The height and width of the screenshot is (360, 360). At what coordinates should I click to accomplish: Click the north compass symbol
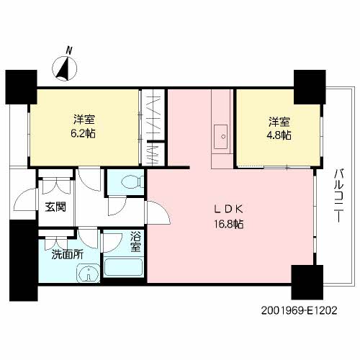click(x=65, y=68)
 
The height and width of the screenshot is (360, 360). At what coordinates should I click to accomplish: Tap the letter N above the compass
click(x=69, y=50)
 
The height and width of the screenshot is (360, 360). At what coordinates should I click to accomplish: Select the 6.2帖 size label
click(x=83, y=133)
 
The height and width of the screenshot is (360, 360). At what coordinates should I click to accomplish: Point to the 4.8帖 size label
click(x=279, y=135)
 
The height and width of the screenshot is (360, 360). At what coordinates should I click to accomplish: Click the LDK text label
click(x=229, y=210)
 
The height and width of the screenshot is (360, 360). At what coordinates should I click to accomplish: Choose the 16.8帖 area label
click(x=229, y=224)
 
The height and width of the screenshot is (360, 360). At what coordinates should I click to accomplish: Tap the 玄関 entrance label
click(x=55, y=207)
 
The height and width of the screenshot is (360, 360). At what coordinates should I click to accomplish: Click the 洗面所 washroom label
click(x=68, y=255)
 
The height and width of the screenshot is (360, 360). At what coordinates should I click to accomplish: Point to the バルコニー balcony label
click(x=338, y=196)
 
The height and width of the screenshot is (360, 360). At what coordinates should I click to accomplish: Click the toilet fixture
click(x=132, y=183)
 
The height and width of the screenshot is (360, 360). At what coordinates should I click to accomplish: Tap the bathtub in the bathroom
click(x=124, y=267)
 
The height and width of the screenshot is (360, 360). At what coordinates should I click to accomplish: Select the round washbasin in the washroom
click(x=88, y=273)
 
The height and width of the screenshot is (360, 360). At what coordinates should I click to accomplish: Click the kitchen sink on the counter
click(x=221, y=137)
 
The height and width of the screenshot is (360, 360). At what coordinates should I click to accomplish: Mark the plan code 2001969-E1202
click(x=299, y=310)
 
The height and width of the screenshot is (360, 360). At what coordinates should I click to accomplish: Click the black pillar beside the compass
click(x=21, y=87)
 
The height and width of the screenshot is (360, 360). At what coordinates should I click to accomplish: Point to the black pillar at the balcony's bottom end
click(x=307, y=282)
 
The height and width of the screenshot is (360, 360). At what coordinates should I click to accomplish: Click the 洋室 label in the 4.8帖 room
click(x=279, y=122)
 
